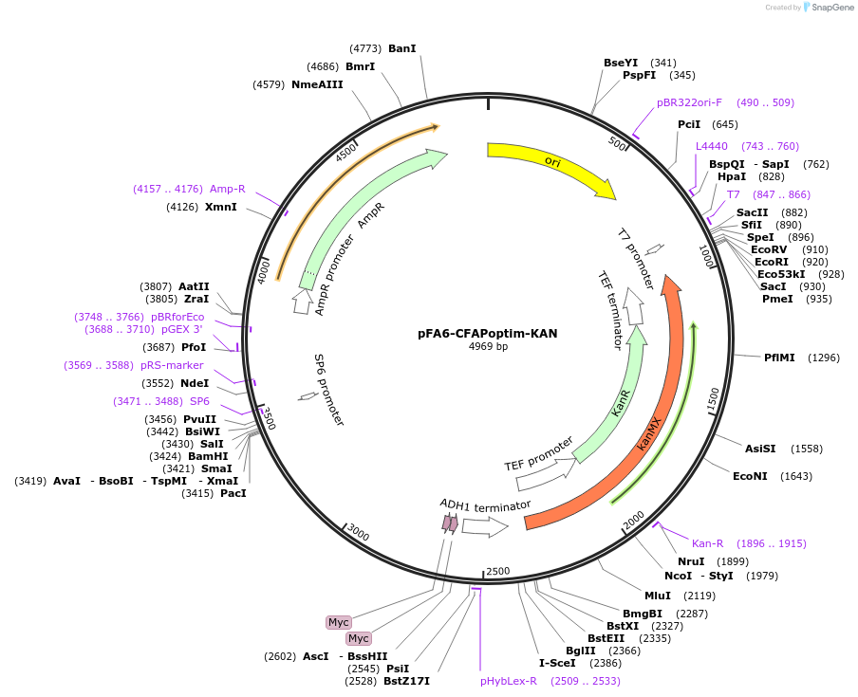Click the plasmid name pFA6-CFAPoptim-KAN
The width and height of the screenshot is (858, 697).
click(488, 333)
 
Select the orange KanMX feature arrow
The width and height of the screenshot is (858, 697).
click(655, 427)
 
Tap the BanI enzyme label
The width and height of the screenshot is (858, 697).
click(402, 48)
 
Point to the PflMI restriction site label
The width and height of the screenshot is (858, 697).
click(779, 358)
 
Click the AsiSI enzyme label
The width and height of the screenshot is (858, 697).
click(760, 449)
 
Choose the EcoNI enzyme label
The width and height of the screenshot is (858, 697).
click(750, 476)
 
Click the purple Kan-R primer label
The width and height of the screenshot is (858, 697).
click(708, 543)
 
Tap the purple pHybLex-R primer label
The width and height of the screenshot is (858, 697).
click(509, 681)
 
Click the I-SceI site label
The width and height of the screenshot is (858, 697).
click(557, 663)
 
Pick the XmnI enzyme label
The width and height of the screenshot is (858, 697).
click(221, 207)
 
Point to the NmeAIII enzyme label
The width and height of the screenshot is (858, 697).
click(317, 84)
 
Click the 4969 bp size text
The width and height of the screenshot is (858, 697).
click(488, 347)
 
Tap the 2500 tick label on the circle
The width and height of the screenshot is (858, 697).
click(497, 571)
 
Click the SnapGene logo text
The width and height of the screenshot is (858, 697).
click(832, 8)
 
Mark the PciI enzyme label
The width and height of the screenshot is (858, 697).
click(689, 124)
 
